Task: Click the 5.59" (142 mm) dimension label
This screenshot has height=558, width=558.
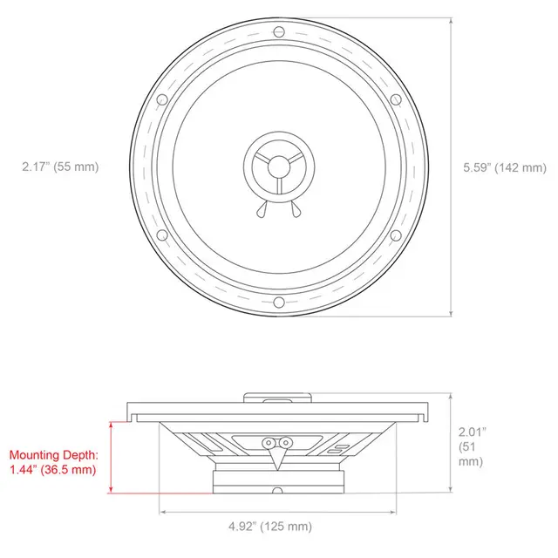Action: tap(505, 167)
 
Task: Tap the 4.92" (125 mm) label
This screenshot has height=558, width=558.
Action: tap(270, 526)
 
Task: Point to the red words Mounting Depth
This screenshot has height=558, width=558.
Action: tap(55, 455)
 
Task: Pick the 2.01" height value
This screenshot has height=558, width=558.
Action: tap(472, 432)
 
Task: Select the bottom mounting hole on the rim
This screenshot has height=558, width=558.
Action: tap(278, 303)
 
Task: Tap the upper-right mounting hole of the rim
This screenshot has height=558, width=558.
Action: tap(394, 99)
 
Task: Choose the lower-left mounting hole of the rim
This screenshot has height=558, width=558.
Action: tap(162, 235)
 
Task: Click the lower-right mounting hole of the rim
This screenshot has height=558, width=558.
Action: tap(397, 235)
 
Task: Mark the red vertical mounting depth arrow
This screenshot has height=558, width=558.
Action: tap(111, 456)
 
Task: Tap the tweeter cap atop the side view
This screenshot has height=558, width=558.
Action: tap(278, 398)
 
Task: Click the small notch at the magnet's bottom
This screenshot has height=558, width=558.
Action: tap(278, 489)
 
